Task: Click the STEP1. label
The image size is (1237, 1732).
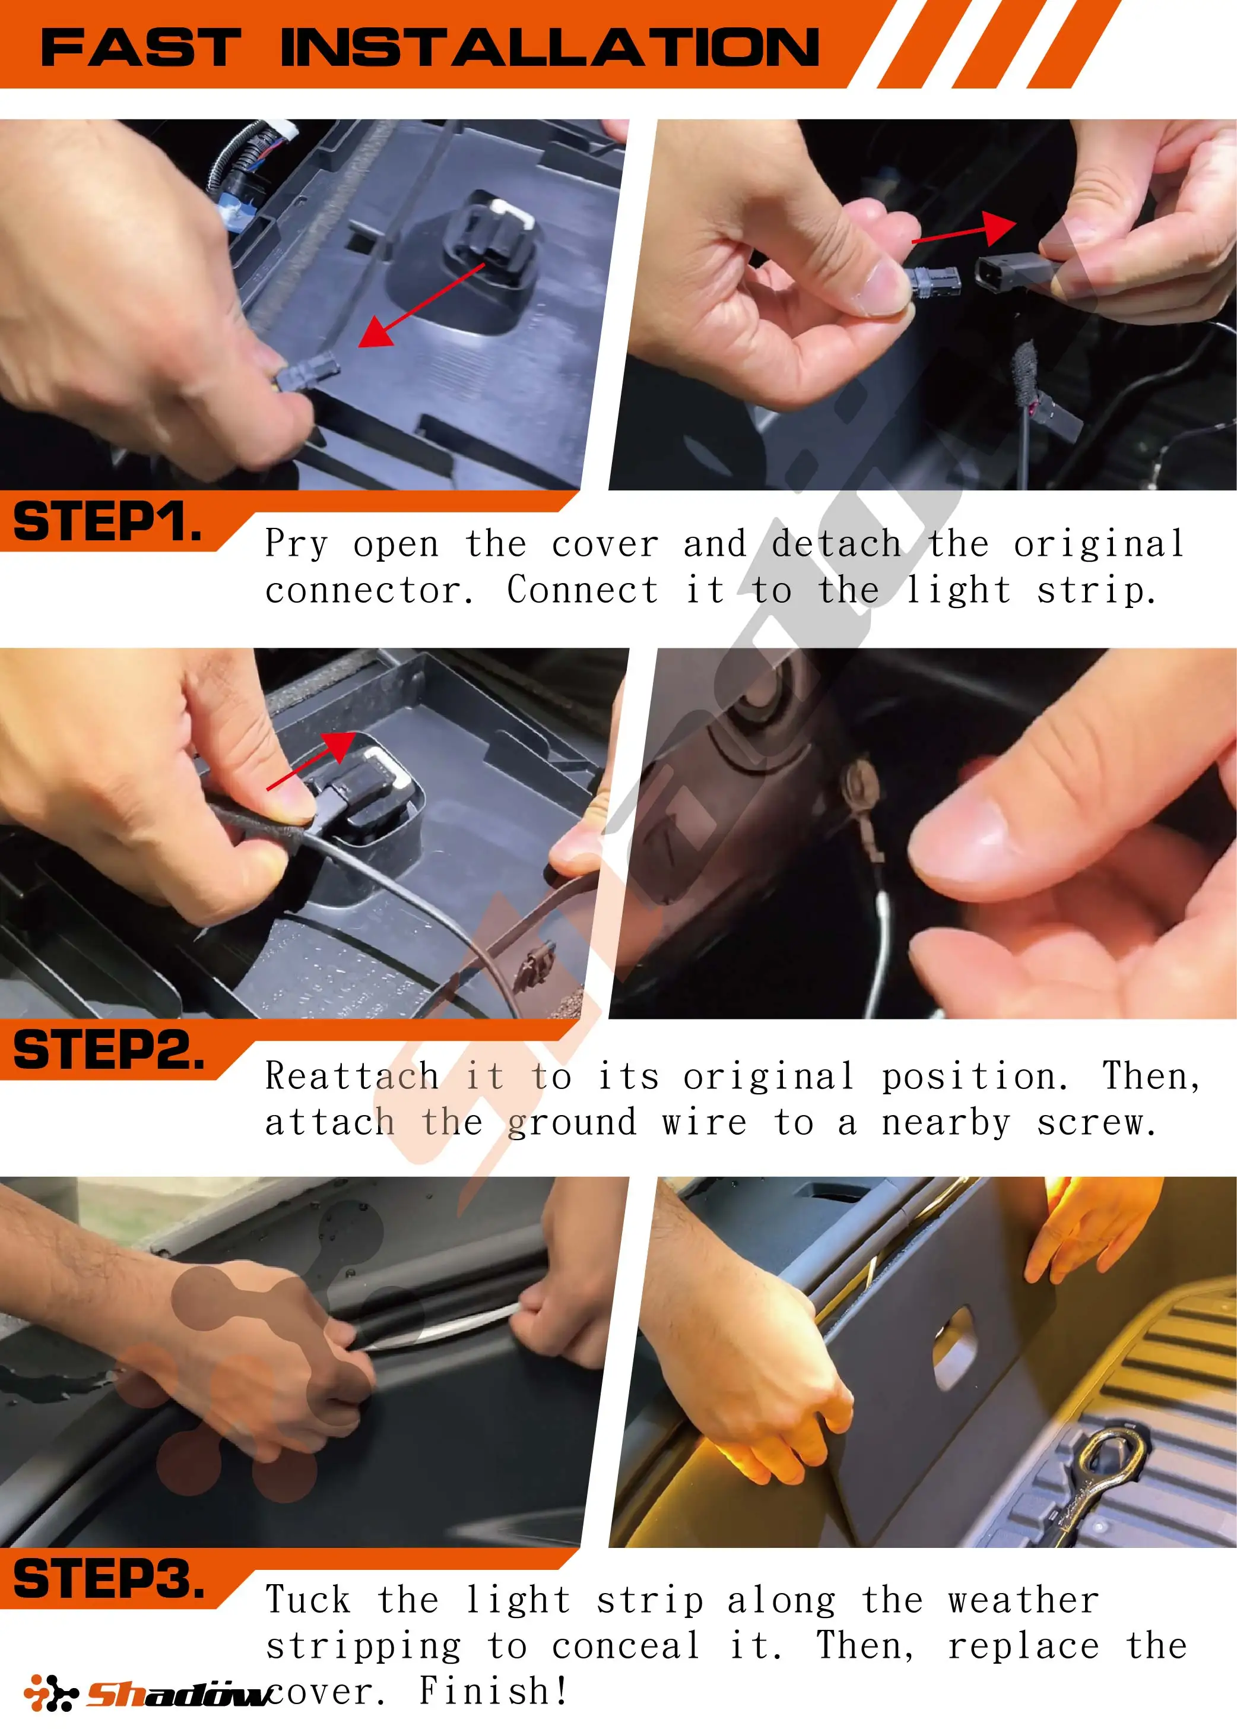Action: [x=108, y=522]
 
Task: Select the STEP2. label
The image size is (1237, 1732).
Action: [x=109, y=1049]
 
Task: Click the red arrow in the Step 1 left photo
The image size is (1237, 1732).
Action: [x=421, y=305]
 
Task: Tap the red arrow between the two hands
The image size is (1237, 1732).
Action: [x=963, y=228]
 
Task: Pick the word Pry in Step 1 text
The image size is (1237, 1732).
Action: [x=296, y=544]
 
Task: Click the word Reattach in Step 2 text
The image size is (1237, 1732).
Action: [x=352, y=1076]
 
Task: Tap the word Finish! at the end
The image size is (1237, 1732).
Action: [x=494, y=1691]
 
